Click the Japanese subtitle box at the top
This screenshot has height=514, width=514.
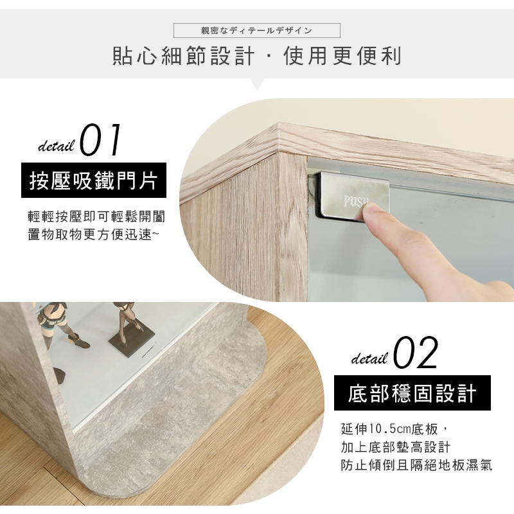pyautogui.click(x=256, y=30)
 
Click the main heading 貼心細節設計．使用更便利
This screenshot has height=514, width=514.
pyautogui.click(x=257, y=56)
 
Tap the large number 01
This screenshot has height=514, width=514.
pyautogui.click(x=100, y=139)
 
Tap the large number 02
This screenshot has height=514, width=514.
pyautogui.click(x=416, y=352)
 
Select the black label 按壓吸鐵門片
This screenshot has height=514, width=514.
pyautogui.click(x=94, y=181)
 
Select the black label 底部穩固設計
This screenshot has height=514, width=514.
pyautogui.click(x=412, y=393)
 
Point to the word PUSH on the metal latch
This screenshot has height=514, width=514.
pyautogui.click(x=357, y=201)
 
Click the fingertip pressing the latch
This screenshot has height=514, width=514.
pyautogui.click(x=371, y=210)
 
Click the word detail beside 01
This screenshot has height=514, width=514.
pyautogui.click(x=57, y=146)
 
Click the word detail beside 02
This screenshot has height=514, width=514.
pyautogui.click(x=370, y=359)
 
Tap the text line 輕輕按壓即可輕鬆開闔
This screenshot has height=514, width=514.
pyautogui.click(x=97, y=217)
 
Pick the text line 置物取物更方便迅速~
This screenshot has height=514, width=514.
pyautogui.click(x=93, y=235)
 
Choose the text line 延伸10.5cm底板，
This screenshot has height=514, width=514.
pyautogui.click(x=393, y=429)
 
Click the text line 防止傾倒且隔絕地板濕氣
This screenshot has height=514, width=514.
pyautogui.click(x=416, y=465)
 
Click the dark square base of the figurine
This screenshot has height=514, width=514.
pyautogui.click(x=132, y=343)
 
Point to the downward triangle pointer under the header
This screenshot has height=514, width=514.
pyautogui.click(x=258, y=84)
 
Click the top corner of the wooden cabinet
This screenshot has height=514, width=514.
pyautogui.click(x=279, y=125)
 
